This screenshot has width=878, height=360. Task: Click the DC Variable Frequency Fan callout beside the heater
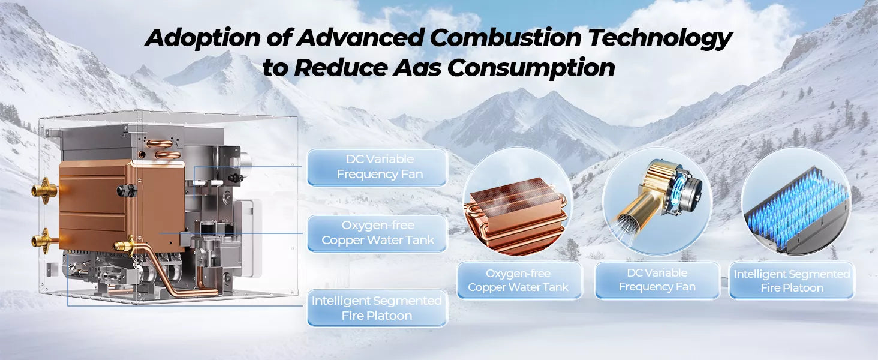[x=377, y=167]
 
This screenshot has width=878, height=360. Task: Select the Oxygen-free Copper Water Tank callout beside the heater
[x=377, y=233]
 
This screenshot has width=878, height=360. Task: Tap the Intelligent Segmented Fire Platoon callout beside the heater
[x=377, y=308]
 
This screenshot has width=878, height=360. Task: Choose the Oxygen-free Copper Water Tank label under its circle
[x=518, y=280]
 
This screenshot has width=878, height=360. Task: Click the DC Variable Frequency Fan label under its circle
[x=657, y=280]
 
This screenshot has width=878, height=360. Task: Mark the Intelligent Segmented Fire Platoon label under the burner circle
[x=792, y=280]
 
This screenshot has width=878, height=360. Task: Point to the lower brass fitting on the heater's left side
[x=45, y=241]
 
